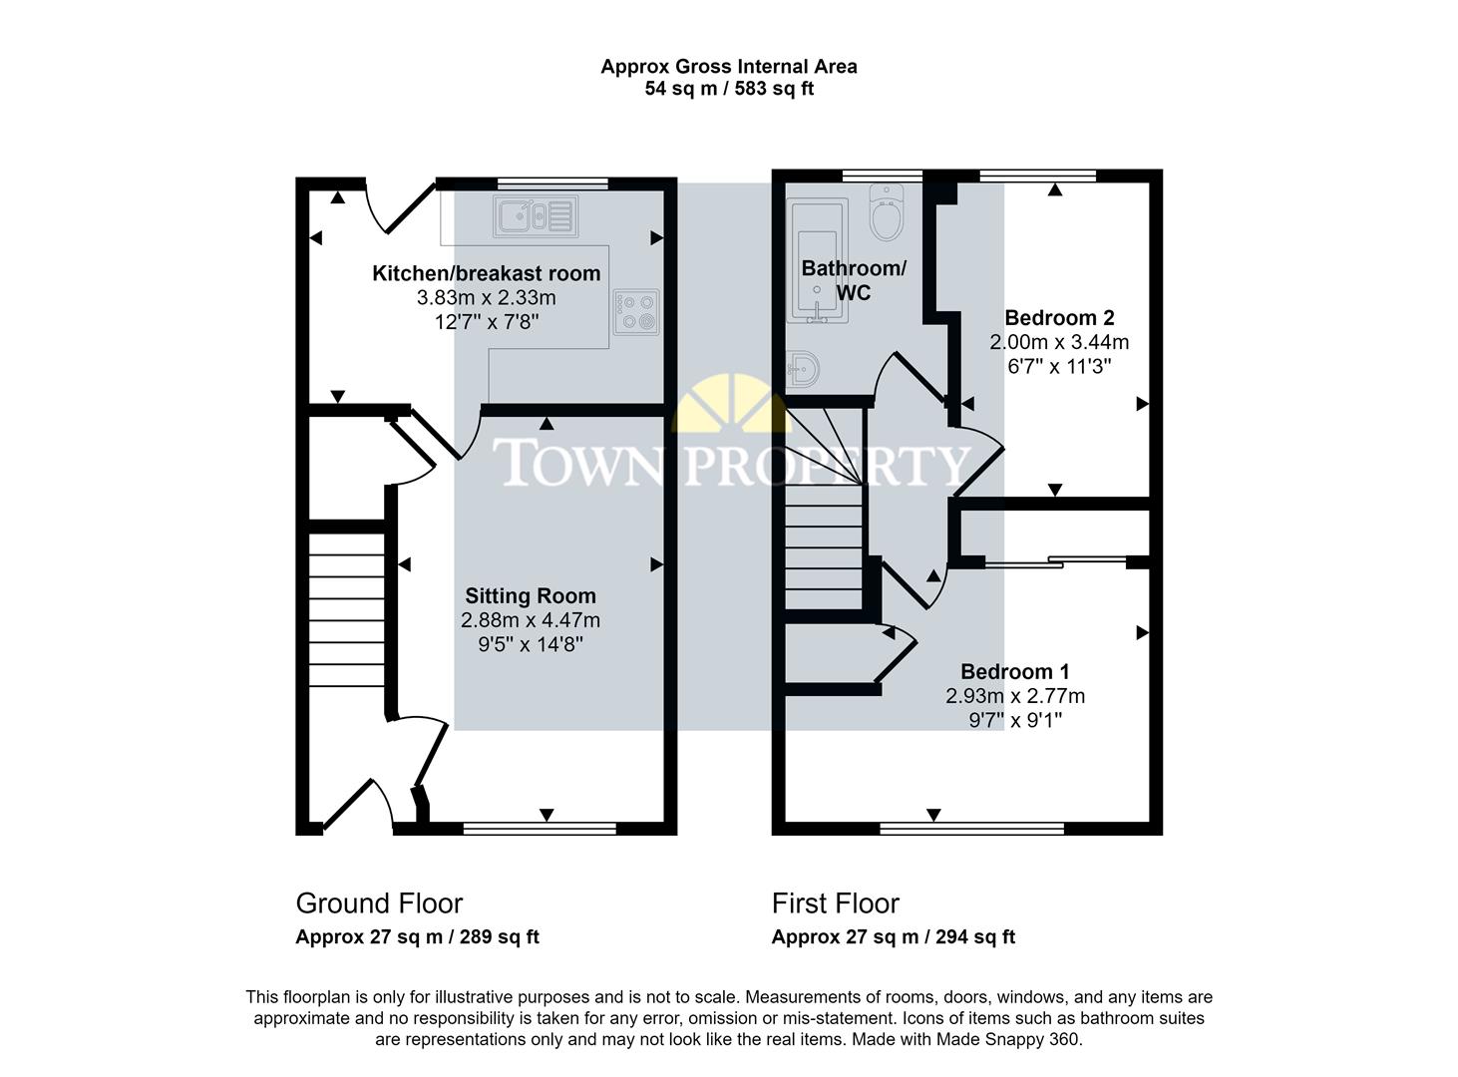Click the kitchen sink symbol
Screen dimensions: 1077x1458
pyautogui.click(x=535, y=214)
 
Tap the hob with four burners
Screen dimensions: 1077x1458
pyautogui.click(x=636, y=311)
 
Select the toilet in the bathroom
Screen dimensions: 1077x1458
pyautogui.click(x=886, y=211)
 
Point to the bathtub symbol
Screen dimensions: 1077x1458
pyautogui.click(x=817, y=261)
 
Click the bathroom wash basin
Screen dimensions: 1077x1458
pyautogui.click(x=804, y=370)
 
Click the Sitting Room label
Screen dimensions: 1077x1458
pyautogui.click(x=531, y=596)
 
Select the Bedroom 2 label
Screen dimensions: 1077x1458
pyautogui.click(x=1059, y=318)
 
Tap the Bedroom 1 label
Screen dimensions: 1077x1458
pyautogui.click(x=1015, y=672)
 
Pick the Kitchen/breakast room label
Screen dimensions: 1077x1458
pyautogui.click(x=487, y=273)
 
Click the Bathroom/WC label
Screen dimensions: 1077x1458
pyautogui.click(x=854, y=280)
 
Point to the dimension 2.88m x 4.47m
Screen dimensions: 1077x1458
pyautogui.click(x=531, y=620)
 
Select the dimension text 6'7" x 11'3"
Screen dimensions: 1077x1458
pyautogui.click(x=1059, y=366)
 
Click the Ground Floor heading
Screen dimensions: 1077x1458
pyautogui.click(x=379, y=903)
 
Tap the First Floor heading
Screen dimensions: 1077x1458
pyautogui.click(x=836, y=903)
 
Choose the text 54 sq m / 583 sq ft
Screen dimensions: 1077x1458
pyautogui.click(x=729, y=89)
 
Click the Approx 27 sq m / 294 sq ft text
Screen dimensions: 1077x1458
pyautogui.click(x=894, y=937)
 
